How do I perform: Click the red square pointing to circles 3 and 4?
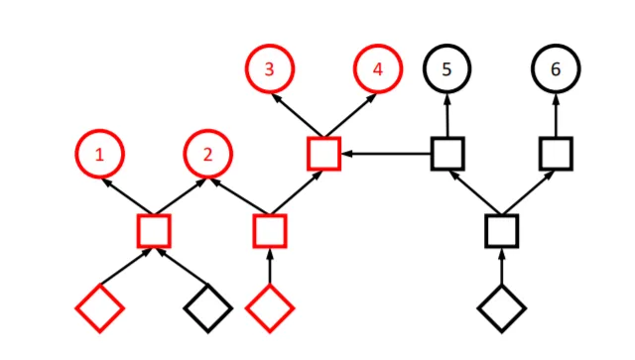tap(309, 154)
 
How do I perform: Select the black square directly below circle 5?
tap(433, 154)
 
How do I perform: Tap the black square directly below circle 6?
tap(541, 154)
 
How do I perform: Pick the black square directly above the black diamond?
tap(486, 231)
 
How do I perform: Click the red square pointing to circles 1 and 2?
tap(139, 231)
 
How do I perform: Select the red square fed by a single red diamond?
tap(255, 231)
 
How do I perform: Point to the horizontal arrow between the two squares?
tap(386, 154)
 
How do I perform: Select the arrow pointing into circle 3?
tap(298, 115)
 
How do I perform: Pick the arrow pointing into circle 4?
tap(350, 115)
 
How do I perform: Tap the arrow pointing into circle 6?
tap(556, 115)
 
